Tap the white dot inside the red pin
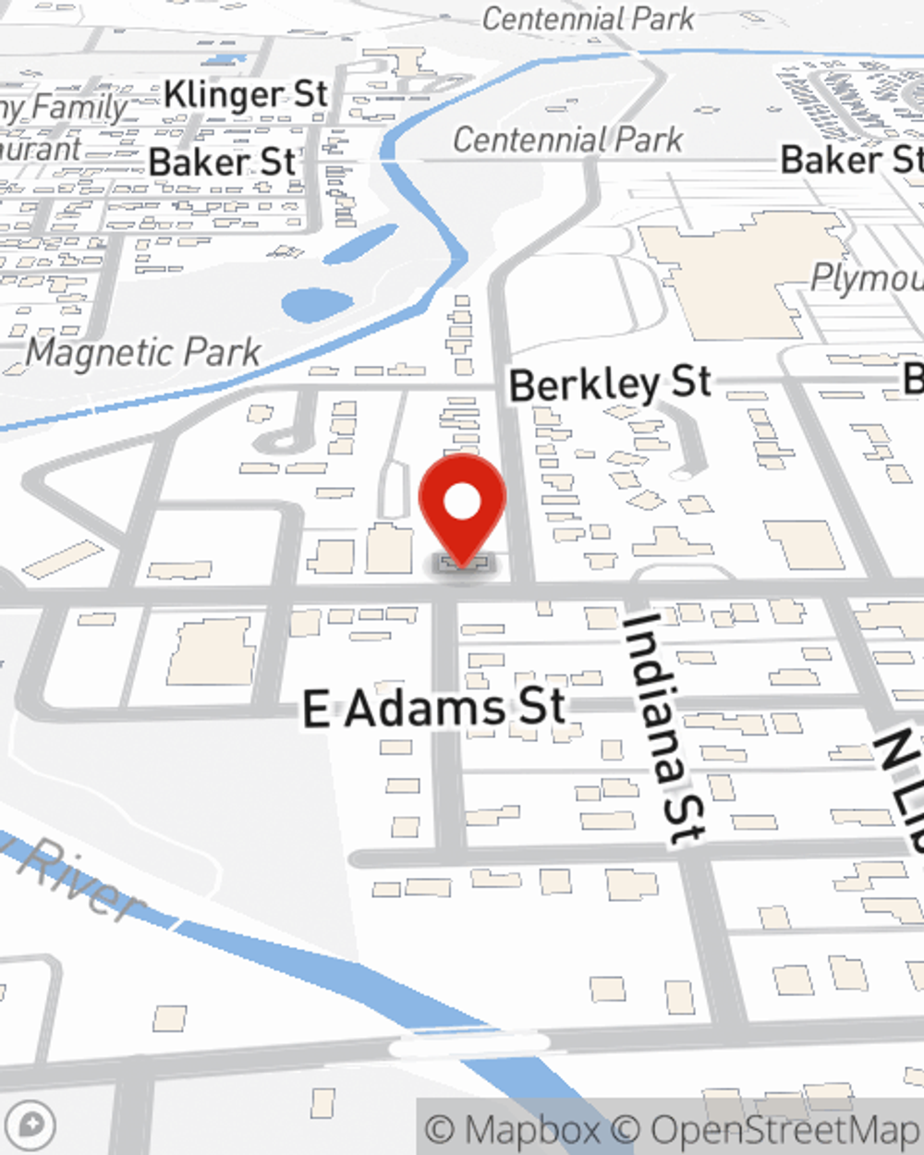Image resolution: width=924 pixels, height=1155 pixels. pyautogui.click(x=462, y=503)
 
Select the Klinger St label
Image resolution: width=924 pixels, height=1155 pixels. pyautogui.click(x=245, y=94)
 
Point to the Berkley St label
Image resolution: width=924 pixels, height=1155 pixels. pyautogui.click(x=610, y=383)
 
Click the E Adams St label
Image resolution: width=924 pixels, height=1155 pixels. pyautogui.click(x=434, y=709)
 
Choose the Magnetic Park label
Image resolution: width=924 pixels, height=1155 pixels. pyautogui.click(x=143, y=352)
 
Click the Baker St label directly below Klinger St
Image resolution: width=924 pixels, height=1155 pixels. pyautogui.click(x=222, y=163)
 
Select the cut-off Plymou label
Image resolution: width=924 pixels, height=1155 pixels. pyautogui.click(x=866, y=277)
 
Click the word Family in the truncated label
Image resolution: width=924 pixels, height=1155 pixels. pyautogui.click(x=79, y=108)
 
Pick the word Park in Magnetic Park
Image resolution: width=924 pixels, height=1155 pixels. pyautogui.click(x=222, y=352)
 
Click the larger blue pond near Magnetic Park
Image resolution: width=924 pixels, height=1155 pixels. pyautogui.click(x=317, y=305)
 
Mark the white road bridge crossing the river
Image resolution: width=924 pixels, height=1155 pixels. pyautogui.click(x=468, y=1046)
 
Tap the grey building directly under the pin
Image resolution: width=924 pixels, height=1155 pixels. pyautogui.click(x=462, y=562)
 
